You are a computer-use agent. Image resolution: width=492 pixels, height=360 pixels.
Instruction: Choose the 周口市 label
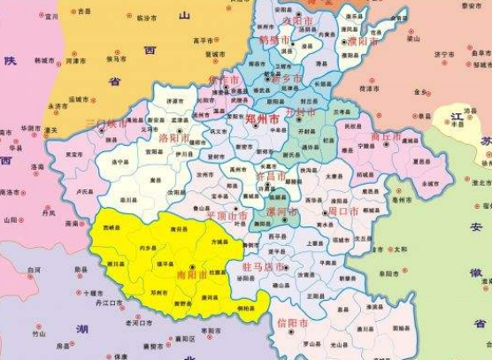(x=342, y=212)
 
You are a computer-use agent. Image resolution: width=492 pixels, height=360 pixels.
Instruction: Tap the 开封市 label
(x=304, y=114)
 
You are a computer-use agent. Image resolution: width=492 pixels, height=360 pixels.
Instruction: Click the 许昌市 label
(x=270, y=177)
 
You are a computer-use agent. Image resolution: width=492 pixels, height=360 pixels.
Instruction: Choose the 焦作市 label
(x=219, y=80)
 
